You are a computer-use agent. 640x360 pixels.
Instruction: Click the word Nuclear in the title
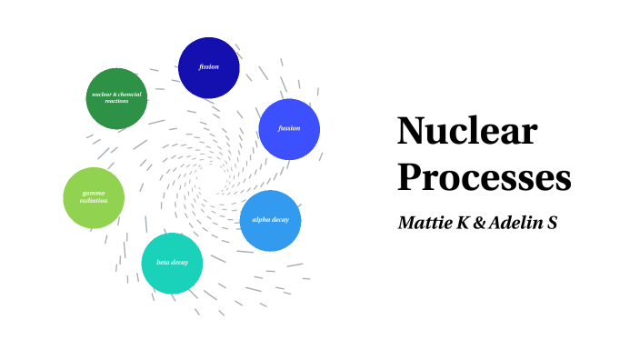467,134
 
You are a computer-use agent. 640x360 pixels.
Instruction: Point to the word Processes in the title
484,176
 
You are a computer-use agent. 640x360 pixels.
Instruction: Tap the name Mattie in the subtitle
425,222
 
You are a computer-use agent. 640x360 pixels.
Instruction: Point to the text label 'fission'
209,67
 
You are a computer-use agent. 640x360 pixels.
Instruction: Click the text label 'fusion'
289,128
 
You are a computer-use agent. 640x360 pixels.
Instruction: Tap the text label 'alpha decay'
270,221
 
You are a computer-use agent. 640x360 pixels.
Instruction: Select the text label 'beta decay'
172,263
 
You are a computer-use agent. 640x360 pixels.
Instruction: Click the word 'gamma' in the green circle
94,194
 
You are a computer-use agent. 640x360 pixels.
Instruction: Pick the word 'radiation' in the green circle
94,201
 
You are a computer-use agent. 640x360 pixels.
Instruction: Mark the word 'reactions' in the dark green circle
116,101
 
